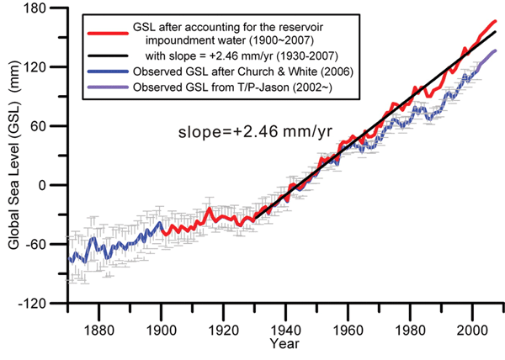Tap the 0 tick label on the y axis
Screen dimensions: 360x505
[x=52, y=185]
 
